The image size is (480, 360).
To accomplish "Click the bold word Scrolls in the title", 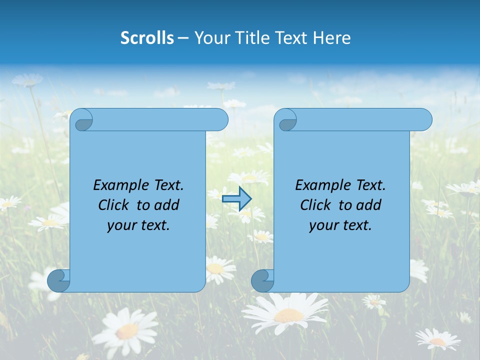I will tap(147, 38).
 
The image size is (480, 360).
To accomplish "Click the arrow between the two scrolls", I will tap(236, 199).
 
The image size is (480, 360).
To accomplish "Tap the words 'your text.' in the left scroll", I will tap(138, 225).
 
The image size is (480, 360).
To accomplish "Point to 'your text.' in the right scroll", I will tap(340, 225).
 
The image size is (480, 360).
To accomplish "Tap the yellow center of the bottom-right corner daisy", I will tap(438, 342).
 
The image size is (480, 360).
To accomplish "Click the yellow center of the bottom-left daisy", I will tap(128, 330).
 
